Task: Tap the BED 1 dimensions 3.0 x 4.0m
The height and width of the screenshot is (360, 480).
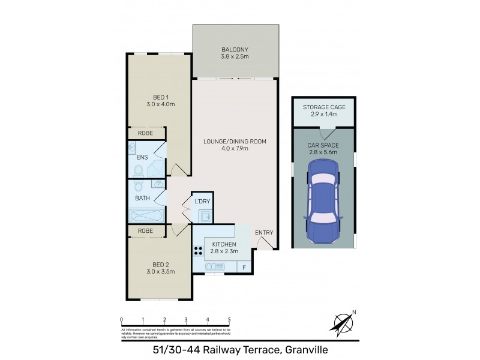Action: [x=160, y=104]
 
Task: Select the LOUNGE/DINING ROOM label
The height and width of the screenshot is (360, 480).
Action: [x=235, y=142]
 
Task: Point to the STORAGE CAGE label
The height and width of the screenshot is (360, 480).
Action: [x=323, y=106]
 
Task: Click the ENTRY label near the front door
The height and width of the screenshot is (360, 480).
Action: [x=263, y=233]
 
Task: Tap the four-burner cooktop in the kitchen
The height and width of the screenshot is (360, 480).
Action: [x=198, y=251]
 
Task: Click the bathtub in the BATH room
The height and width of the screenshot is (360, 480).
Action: [x=146, y=215]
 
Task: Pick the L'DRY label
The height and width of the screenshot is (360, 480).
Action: [x=202, y=201]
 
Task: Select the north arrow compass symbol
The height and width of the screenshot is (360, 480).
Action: [x=342, y=323]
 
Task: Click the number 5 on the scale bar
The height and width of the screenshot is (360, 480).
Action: [x=229, y=319]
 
